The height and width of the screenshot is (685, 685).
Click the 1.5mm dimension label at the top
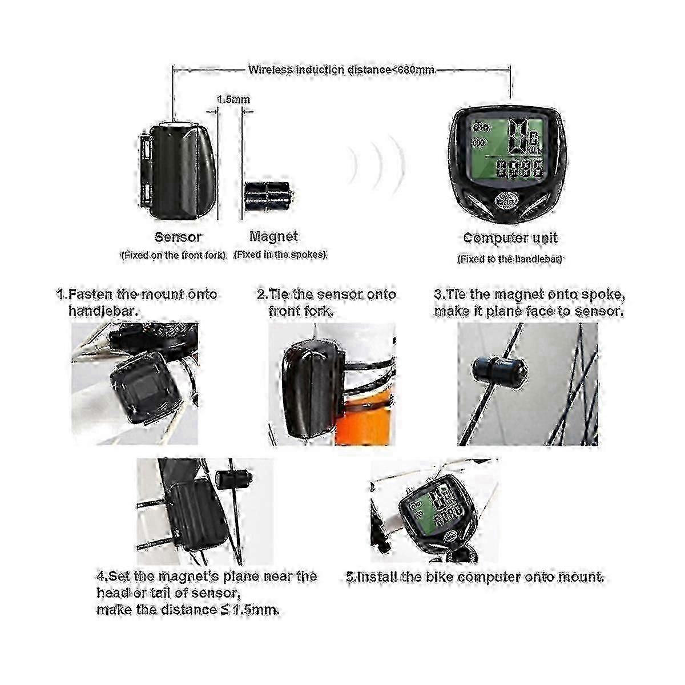(233, 99)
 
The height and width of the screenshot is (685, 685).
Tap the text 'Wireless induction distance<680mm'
(341, 69)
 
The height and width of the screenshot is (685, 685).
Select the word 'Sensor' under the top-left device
(178, 237)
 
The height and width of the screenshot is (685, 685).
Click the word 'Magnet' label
(273, 236)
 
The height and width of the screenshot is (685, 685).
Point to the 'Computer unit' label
(510, 238)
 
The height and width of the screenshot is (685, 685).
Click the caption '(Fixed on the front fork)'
(174, 255)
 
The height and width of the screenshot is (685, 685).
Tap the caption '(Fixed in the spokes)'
(280, 255)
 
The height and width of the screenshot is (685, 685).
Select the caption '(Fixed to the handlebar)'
(510, 259)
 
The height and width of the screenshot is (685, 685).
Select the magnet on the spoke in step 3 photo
(500, 369)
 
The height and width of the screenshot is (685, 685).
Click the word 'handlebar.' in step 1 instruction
(103, 311)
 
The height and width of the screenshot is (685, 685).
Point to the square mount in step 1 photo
(146, 390)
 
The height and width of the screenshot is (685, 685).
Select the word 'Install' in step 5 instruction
(377, 577)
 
